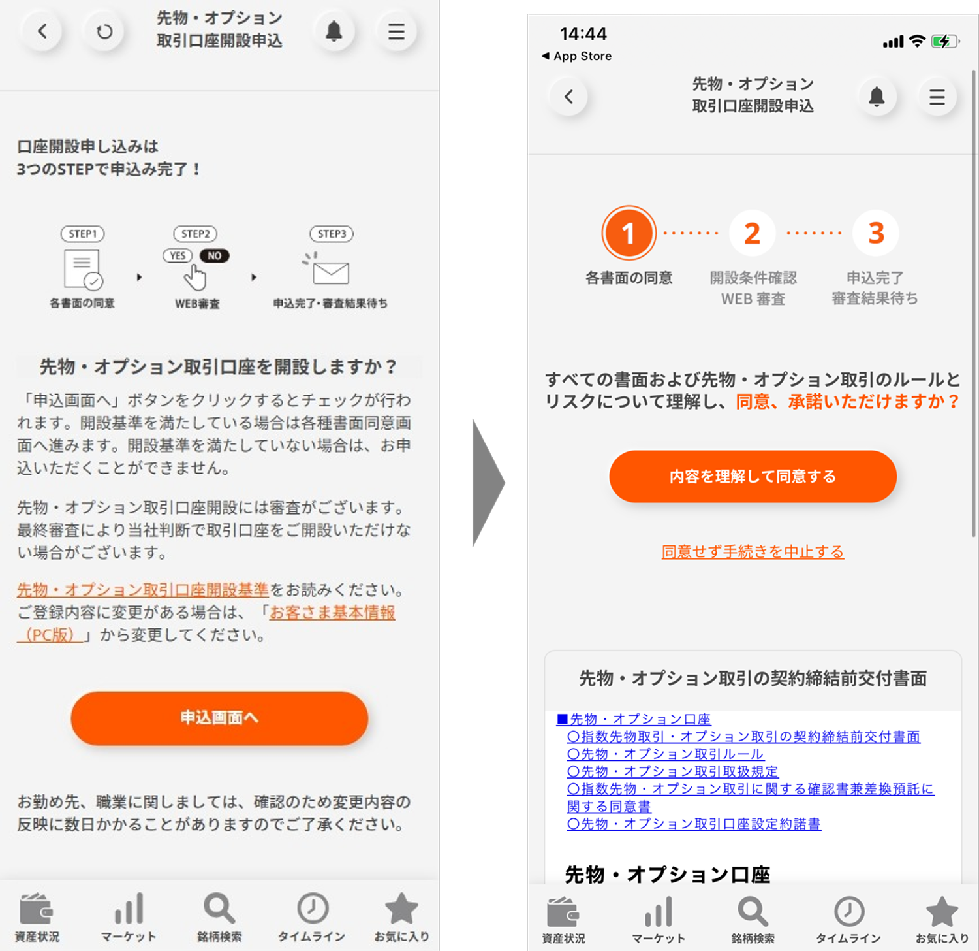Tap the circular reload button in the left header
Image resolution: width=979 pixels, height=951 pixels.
coord(104,31)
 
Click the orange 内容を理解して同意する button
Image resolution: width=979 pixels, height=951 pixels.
coord(753,476)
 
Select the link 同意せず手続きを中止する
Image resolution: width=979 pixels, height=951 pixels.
coord(753,552)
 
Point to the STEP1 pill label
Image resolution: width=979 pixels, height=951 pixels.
coord(82,234)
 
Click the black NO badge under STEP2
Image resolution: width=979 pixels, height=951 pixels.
coord(214,256)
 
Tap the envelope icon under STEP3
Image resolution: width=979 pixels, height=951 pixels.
coord(330,272)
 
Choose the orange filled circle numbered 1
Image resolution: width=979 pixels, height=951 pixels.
coord(628,233)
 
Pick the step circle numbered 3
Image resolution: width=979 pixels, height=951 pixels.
coord(876,233)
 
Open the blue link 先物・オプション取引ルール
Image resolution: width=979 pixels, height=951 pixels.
coord(665,754)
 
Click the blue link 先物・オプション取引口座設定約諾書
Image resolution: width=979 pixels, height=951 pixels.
coord(694,824)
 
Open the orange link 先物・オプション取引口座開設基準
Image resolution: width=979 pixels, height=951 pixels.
coord(143,590)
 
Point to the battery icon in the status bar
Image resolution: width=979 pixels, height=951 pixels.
coord(945,42)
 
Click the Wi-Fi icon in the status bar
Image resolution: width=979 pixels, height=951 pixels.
coord(917,41)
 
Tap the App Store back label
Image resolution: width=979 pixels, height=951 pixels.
coord(577,56)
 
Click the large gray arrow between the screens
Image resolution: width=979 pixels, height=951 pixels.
coord(488,483)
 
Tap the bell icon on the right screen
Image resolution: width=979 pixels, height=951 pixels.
coord(877,97)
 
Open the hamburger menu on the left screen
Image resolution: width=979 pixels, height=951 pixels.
coord(396,31)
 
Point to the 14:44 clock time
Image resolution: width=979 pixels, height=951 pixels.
coord(583,34)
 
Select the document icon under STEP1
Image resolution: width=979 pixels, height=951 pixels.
coord(83,269)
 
